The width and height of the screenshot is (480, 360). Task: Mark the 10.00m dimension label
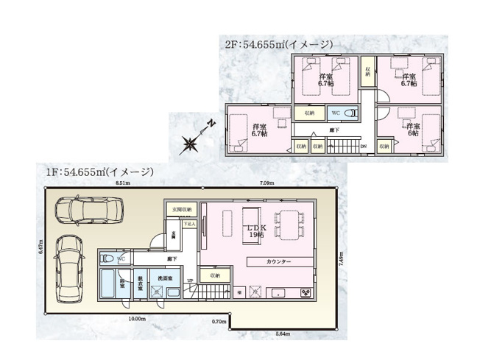[137, 320]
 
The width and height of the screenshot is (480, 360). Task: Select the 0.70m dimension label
[218, 321]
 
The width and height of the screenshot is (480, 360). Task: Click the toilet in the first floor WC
[107, 260]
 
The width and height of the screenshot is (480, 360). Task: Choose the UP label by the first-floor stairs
[190, 281]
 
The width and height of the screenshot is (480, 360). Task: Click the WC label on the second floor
[336, 113]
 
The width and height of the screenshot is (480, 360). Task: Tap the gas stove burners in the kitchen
[305, 294]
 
